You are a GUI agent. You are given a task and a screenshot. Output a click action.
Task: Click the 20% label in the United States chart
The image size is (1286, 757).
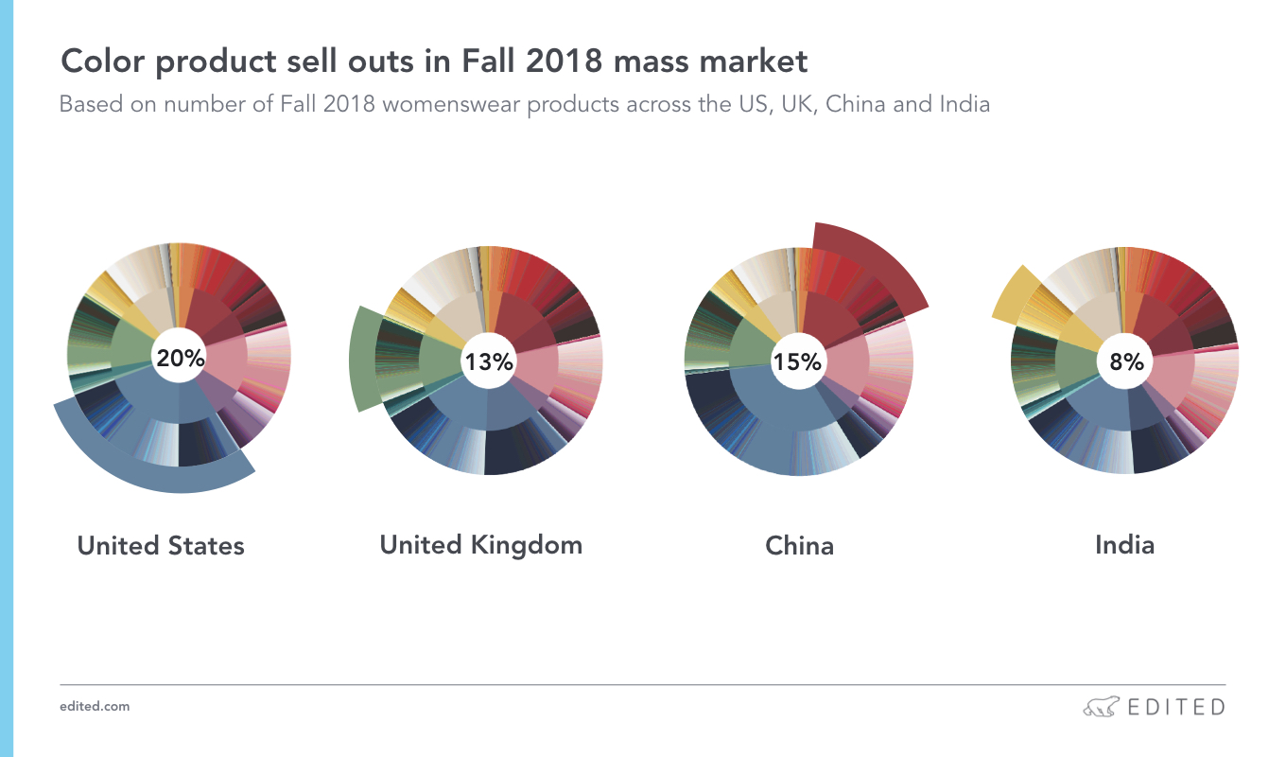(181, 359)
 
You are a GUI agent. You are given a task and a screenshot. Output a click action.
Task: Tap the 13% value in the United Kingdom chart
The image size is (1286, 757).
(489, 361)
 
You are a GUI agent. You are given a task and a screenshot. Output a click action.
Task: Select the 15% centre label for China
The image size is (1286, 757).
(797, 361)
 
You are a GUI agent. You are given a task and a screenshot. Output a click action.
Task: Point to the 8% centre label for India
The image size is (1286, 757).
(1126, 361)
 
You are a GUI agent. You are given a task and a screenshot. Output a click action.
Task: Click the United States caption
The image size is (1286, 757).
(161, 546)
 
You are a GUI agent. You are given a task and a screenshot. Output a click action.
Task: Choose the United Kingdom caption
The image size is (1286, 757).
(481, 545)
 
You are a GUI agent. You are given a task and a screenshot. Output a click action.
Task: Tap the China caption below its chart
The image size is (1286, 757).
(799, 546)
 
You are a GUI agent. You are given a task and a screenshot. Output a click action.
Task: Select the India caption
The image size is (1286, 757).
(1124, 545)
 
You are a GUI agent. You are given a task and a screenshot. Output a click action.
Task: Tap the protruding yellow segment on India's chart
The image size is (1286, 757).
(1015, 293)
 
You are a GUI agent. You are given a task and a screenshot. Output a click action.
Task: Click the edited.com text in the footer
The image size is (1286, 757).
(95, 707)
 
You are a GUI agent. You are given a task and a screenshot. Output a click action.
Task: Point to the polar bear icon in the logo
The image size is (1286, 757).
(1101, 707)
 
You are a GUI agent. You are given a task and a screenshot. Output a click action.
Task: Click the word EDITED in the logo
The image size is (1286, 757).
(1176, 707)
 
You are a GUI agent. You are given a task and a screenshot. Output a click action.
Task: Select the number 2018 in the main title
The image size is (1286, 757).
(564, 61)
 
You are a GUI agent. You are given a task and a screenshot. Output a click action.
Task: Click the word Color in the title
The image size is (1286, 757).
(103, 61)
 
